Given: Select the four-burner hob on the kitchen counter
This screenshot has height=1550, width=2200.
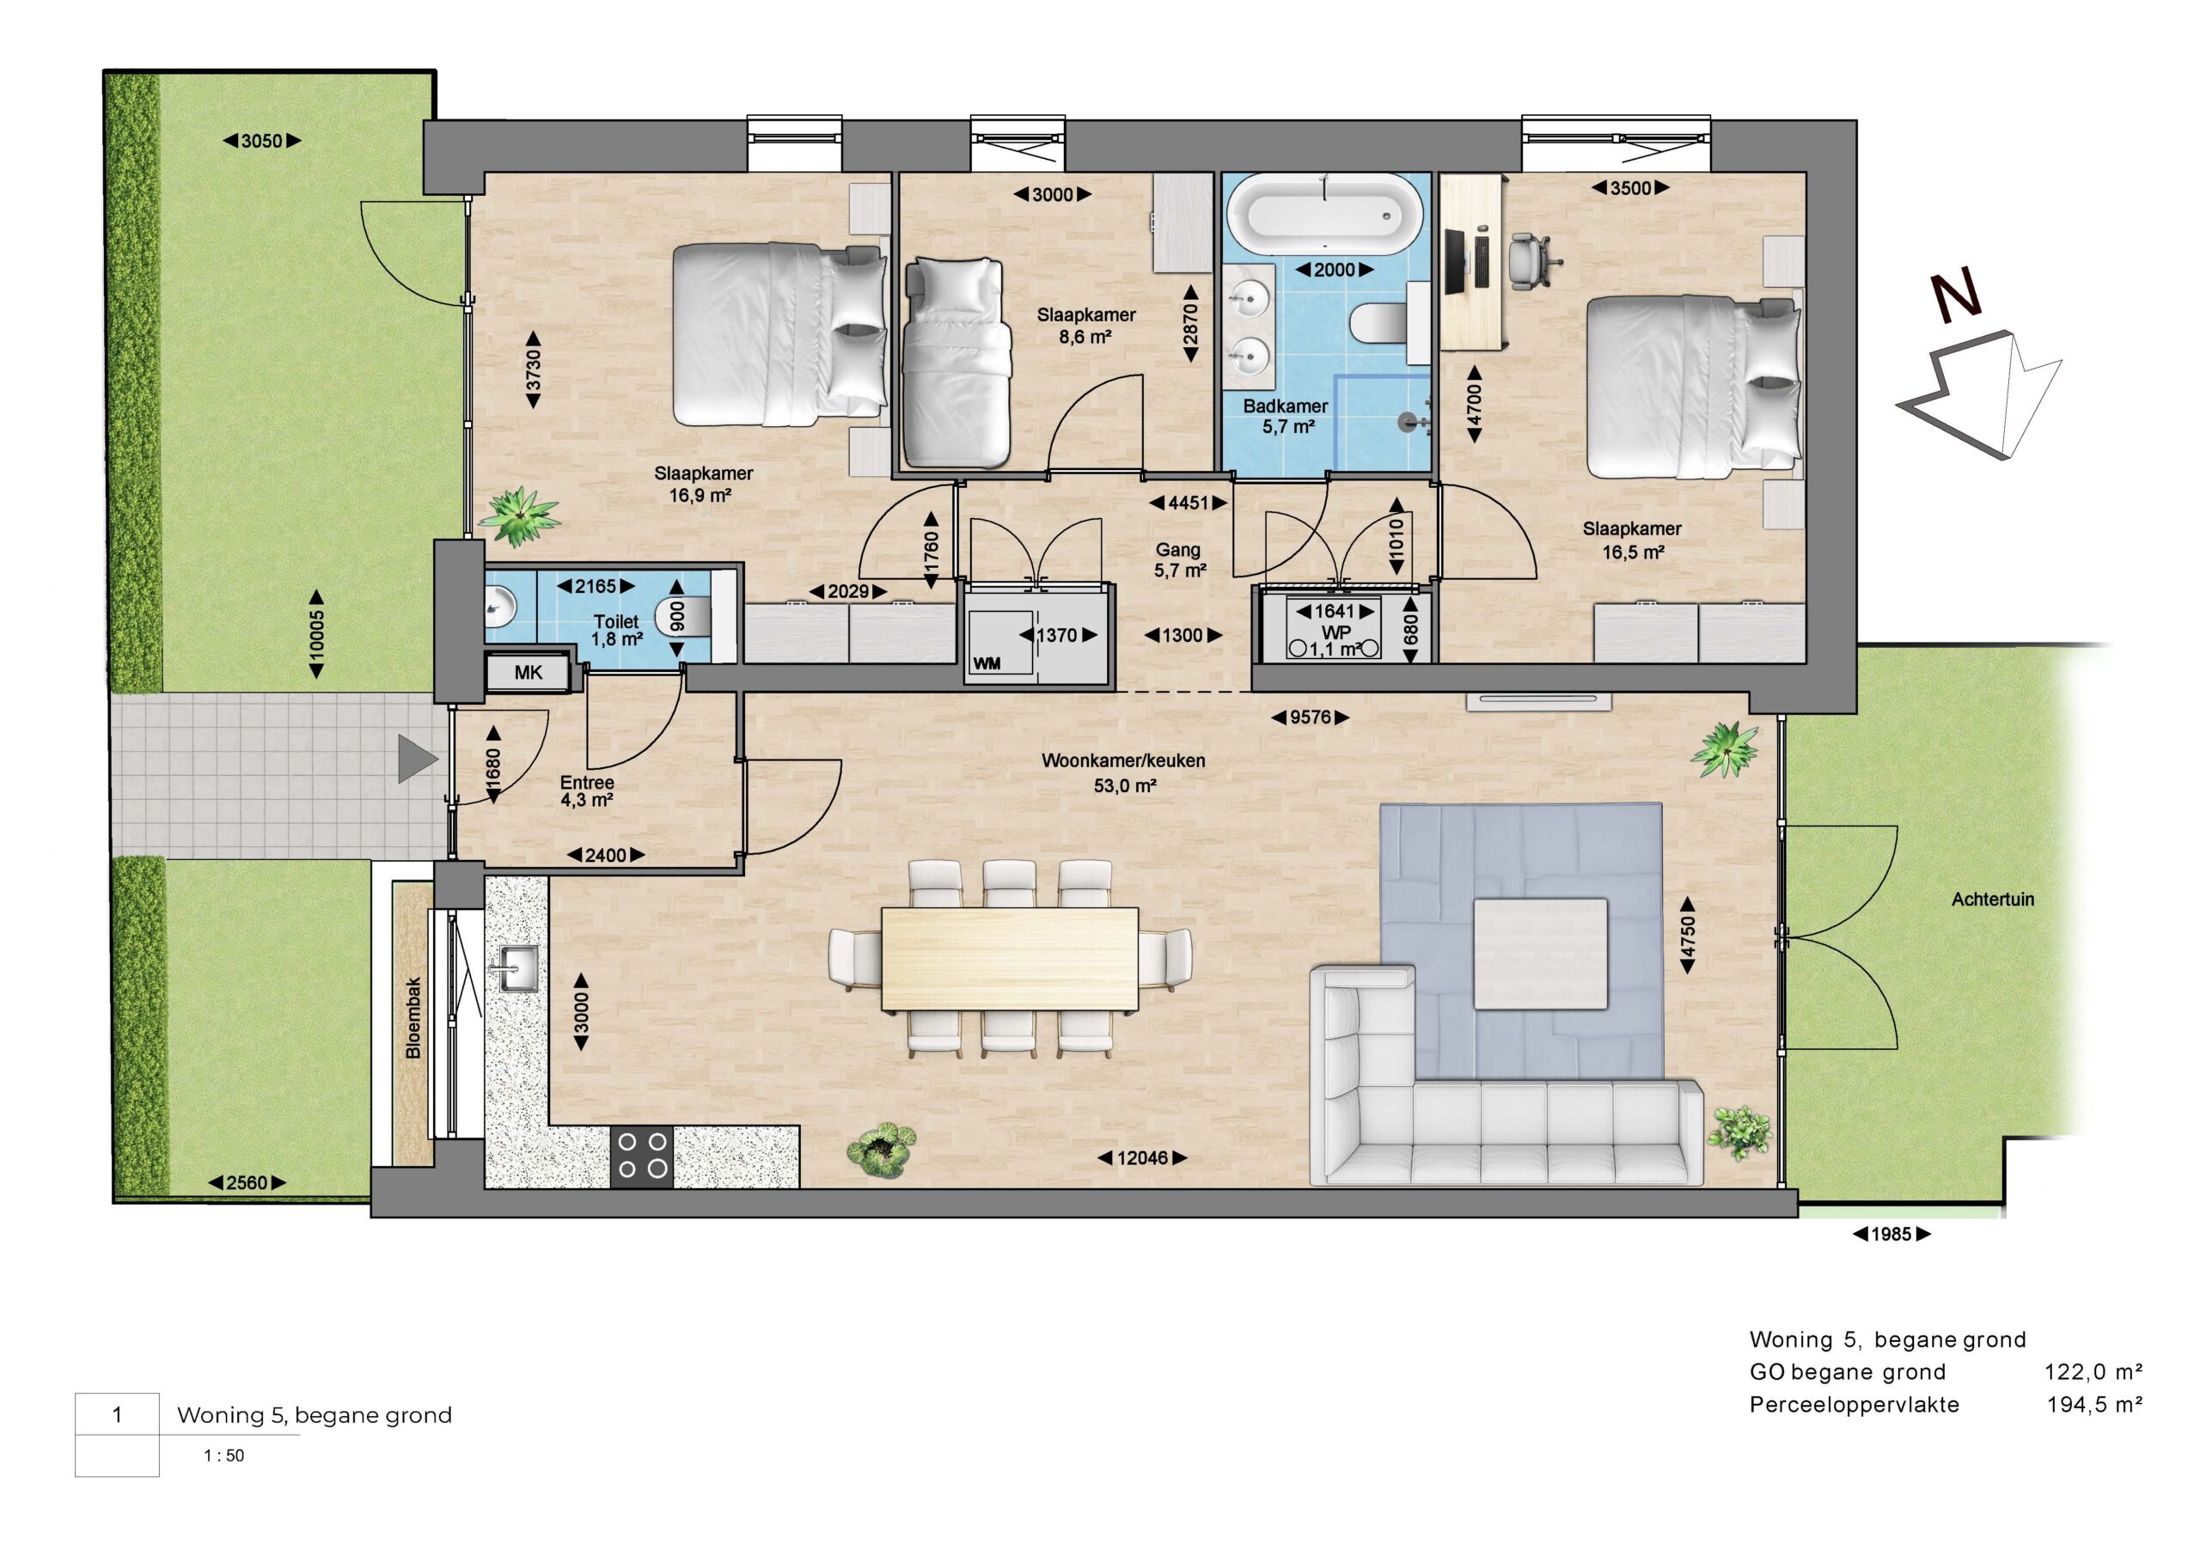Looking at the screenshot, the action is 642,1156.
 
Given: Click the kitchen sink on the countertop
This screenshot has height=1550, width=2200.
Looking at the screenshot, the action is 516,967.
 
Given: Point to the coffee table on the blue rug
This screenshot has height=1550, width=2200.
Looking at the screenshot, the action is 1540,953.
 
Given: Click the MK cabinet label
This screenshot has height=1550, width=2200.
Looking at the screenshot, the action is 528,673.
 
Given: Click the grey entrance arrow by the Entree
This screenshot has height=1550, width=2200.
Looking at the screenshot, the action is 418,760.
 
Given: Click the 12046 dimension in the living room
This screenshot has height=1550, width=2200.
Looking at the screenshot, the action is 1142,1158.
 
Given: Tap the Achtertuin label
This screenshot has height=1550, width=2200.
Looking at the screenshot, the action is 1993,900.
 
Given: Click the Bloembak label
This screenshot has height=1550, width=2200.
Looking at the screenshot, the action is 413,1017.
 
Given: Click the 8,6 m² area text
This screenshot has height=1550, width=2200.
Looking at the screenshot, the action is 1085,337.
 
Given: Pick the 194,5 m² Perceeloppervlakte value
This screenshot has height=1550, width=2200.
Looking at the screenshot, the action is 2094,1406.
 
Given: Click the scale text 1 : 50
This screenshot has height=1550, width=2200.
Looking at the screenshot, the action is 224,1455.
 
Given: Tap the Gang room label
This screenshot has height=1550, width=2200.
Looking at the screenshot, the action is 1177,550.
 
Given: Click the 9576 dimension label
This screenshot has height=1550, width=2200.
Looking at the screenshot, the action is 1310,717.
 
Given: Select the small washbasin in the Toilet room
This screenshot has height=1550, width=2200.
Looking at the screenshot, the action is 498,606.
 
